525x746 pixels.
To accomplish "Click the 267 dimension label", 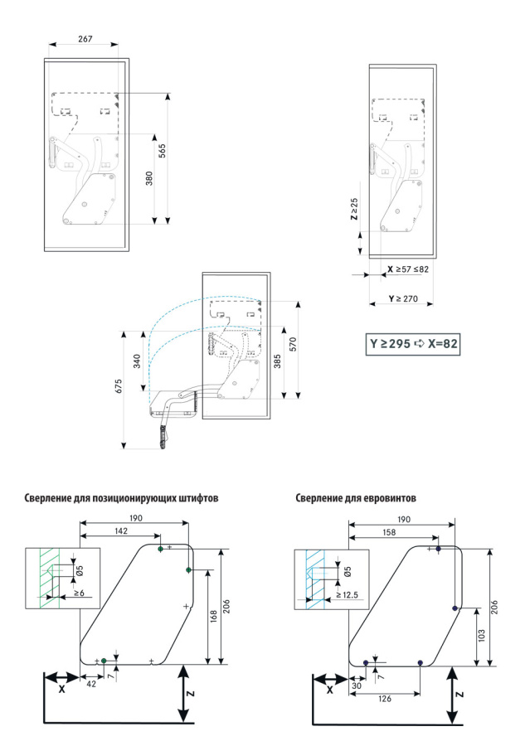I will click(86, 39).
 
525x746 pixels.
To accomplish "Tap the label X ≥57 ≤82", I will click(408, 269).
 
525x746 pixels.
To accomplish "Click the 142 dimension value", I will click(122, 532).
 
